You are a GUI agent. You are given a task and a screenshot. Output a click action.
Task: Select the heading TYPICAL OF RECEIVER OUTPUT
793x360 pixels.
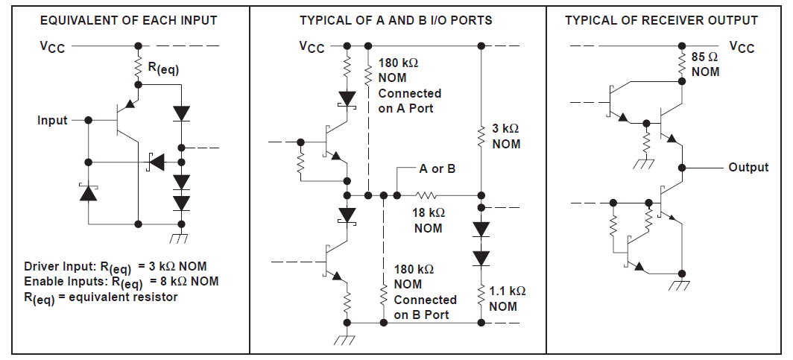point(661,20)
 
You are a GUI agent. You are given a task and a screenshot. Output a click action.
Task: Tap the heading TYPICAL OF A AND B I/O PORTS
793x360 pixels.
point(396,20)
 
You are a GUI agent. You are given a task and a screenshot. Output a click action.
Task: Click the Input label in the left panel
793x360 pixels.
point(52,120)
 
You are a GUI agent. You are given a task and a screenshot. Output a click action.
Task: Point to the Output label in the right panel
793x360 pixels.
point(748,167)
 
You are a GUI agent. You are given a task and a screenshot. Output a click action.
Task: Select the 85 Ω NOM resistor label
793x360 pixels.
point(705,64)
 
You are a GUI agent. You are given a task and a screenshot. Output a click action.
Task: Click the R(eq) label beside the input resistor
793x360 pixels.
point(163,68)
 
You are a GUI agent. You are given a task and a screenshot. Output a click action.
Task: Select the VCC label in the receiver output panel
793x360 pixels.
point(742,48)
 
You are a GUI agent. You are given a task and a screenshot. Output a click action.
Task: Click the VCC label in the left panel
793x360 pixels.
point(52,47)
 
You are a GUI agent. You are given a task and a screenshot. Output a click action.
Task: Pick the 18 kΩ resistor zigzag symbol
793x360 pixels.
point(428,196)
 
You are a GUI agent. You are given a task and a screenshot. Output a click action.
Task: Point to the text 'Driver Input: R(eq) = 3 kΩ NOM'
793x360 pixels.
point(116,267)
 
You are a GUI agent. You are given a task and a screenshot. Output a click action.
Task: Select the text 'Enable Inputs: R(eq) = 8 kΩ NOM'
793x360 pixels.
point(121,281)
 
